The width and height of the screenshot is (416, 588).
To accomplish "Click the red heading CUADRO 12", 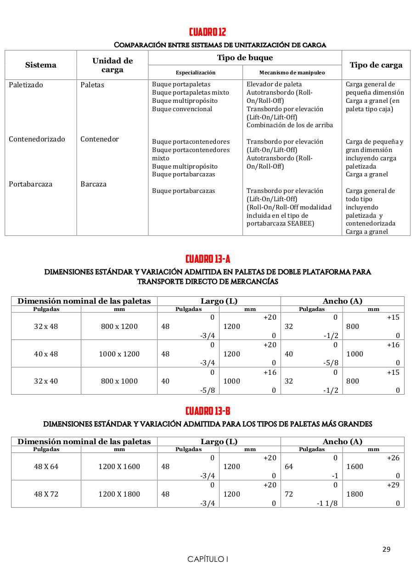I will [208, 32].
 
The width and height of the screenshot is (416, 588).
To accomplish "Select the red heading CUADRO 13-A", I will [208, 259].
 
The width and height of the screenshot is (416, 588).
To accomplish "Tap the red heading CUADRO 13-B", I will [208, 411].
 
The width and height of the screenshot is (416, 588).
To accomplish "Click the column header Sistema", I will [41, 65].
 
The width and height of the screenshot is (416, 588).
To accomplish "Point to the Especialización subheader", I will [195, 73].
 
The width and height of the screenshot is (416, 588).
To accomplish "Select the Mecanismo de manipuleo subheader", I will [292, 73].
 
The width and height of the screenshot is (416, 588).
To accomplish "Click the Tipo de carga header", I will [376, 65].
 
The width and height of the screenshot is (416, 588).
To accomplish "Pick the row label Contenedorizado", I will [37, 139].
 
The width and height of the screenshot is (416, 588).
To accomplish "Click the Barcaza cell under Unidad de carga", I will [93, 184].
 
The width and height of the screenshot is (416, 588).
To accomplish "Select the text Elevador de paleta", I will [274, 85].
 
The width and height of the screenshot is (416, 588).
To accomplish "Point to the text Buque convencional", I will [182, 109].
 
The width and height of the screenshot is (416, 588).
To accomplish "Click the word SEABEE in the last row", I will [300, 224].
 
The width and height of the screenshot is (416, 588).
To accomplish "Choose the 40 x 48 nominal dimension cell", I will [46, 354].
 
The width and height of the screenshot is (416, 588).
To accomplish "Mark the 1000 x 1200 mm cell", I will [119, 354].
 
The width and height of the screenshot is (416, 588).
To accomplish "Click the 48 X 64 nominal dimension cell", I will [46, 467].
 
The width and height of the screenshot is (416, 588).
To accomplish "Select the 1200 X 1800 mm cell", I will [119, 494].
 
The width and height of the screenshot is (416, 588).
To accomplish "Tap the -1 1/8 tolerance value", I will [327, 503].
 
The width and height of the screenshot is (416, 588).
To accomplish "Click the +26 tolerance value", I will [393, 458].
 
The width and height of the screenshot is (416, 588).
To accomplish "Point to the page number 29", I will [386, 549].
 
